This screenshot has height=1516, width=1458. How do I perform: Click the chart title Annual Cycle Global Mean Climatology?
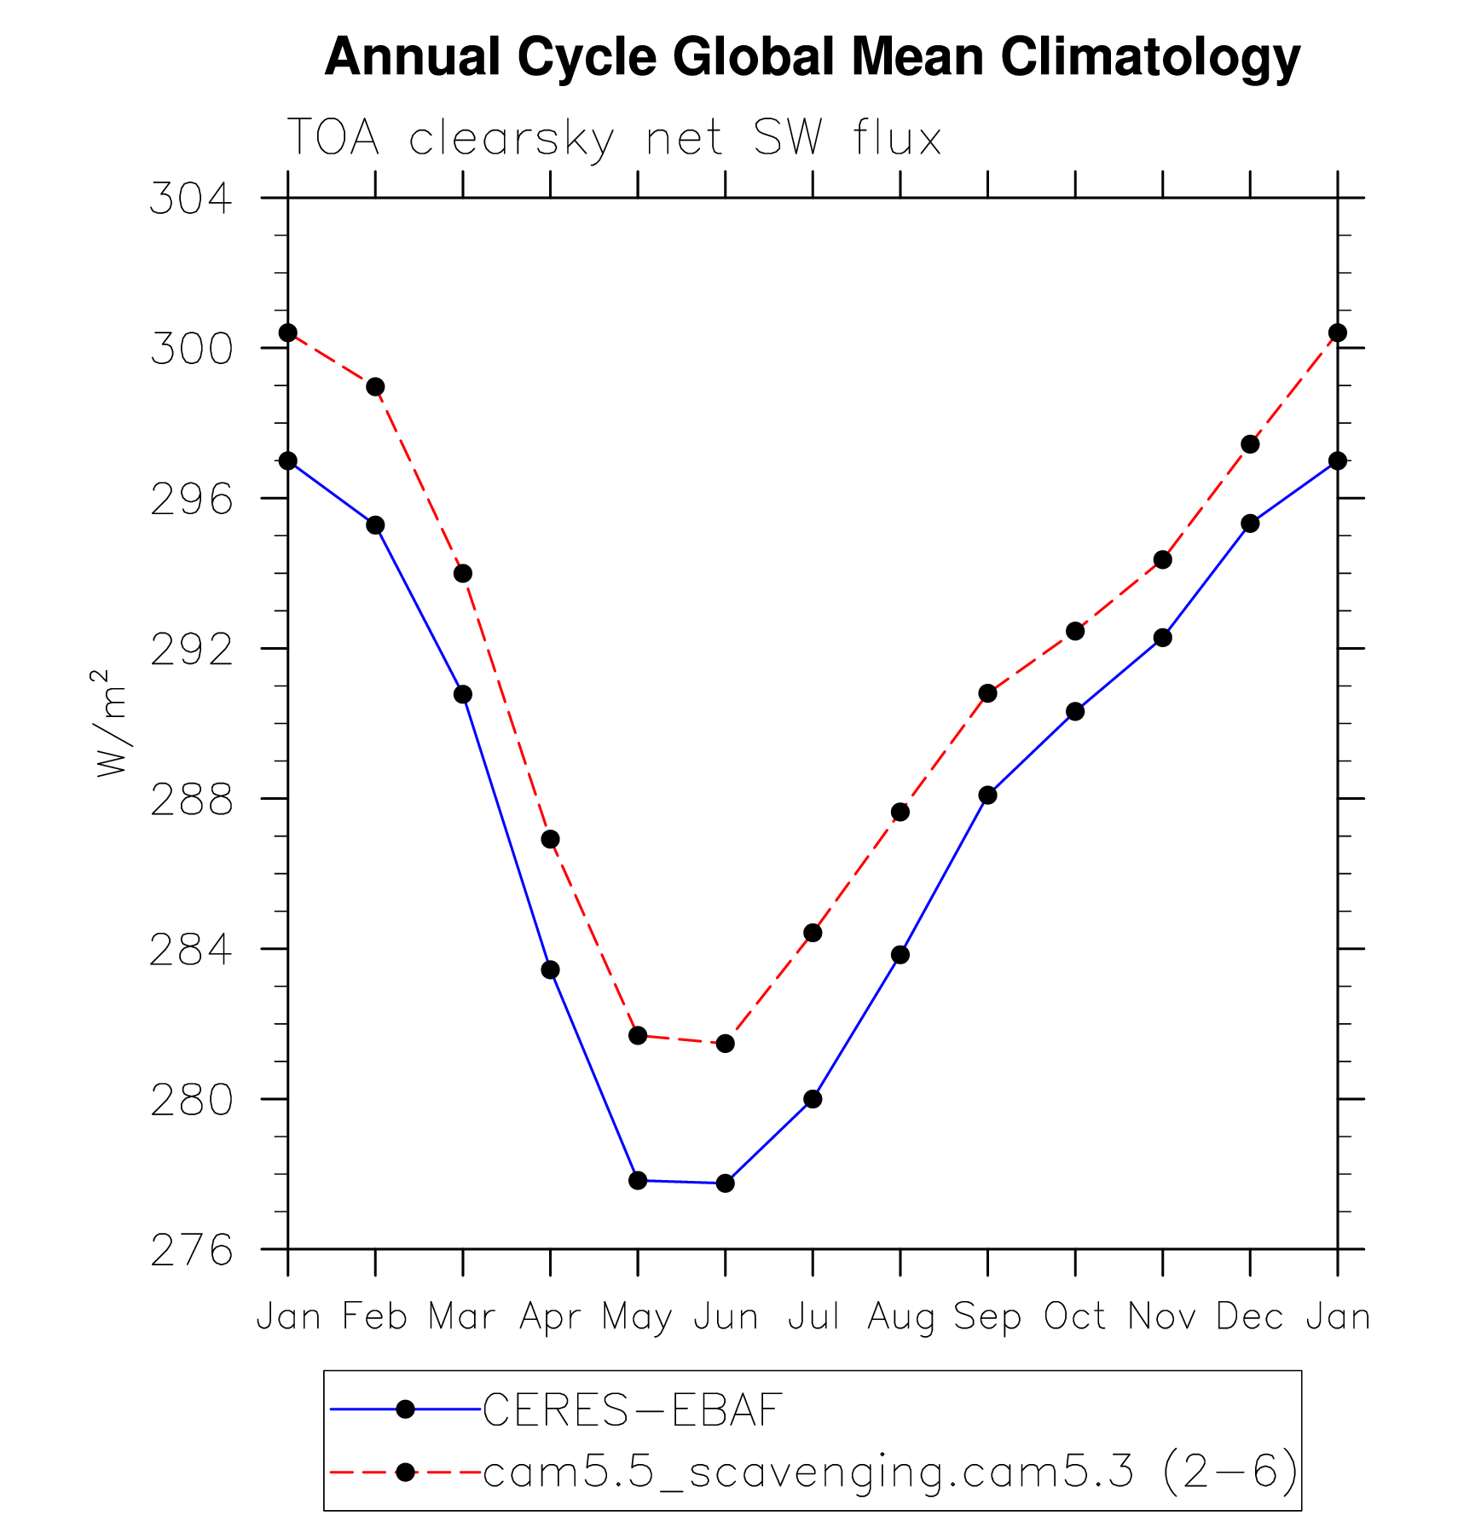pyautogui.click(x=812, y=57)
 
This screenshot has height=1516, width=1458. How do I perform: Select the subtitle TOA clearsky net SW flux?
pyautogui.click(x=614, y=138)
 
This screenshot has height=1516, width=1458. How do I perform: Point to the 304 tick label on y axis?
pyautogui.click(x=191, y=199)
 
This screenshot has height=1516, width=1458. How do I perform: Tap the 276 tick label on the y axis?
pyautogui.click(x=191, y=1250)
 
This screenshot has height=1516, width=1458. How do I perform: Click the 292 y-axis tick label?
pyautogui.click(x=191, y=650)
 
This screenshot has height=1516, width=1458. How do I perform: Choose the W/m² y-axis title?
pyautogui.click(x=111, y=723)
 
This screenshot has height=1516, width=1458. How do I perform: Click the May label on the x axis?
pyautogui.click(x=637, y=1317)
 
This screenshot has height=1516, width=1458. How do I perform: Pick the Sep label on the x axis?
pyautogui.click(x=987, y=1317)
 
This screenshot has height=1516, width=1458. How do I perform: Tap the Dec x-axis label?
pyautogui.click(x=1250, y=1317)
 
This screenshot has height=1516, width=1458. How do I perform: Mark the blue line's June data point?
pyautogui.click(x=726, y=1183)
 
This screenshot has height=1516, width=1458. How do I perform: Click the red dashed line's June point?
pyautogui.click(x=726, y=1044)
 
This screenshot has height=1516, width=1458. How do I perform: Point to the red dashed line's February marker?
pyautogui.click(x=375, y=387)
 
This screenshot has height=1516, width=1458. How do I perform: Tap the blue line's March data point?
pyautogui.click(x=463, y=695)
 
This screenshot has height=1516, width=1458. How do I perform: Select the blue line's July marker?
pyautogui.click(x=813, y=1100)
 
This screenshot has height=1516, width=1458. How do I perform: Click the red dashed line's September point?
pyautogui.click(x=987, y=693)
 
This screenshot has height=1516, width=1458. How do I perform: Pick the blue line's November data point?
pyautogui.click(x=1163, y=638)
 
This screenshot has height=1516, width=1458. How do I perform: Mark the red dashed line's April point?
pyautogui.click(x=550, y=840)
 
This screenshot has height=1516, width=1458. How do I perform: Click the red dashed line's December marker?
pyautogui.click(x=1250, y=444)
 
